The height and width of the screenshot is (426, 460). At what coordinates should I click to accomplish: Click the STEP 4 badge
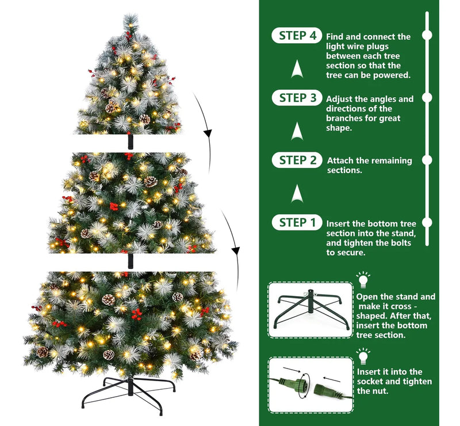click(297, 36)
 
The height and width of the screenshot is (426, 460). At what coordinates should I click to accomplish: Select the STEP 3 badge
click(297, 98)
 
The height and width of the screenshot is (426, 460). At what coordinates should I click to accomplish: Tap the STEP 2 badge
click(297, 160)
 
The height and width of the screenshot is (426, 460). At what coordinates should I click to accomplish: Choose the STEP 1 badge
click(297, 222)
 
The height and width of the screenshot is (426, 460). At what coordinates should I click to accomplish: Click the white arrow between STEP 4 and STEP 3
click(297, 68)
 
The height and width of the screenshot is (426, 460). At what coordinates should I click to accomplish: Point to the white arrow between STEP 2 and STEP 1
click(297, 193)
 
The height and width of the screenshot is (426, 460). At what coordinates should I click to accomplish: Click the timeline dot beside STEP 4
click(427, 35)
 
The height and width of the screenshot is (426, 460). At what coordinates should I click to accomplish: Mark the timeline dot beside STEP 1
click(427, 222)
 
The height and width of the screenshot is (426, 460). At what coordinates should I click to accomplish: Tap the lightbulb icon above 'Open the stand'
click(363, 280)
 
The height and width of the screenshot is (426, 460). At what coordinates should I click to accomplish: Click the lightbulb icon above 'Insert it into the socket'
click(363, 356)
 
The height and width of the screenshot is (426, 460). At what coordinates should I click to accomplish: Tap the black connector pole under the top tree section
click(131, 141)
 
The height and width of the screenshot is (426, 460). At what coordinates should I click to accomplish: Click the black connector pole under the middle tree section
click(131, 261)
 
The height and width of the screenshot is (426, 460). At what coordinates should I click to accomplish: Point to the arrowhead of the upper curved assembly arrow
click(208, 134)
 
